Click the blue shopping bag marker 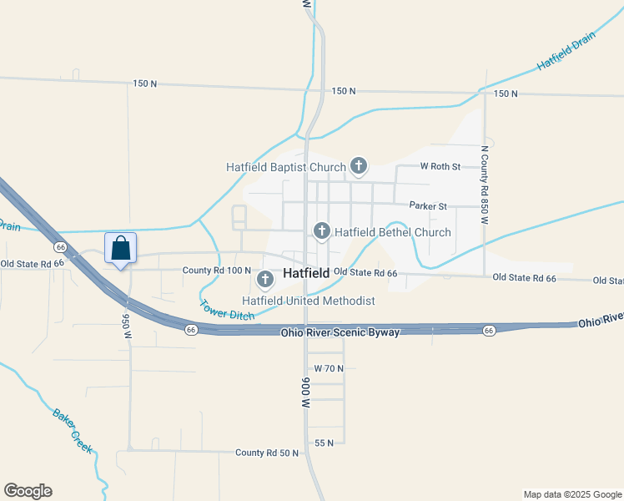pyautogui.click(x=120, y=249)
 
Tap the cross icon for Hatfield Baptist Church pyautogui.click(x=359, y=166)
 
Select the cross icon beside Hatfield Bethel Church pyautogui.click(x=321, y=231)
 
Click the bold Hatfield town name pyautogui.click(x=306, y=273)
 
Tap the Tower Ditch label pyautogui.click(x=227, y=310)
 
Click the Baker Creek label pyautogui.click(x=72, y=430)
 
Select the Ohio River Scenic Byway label pyautogui.click(x=340, y=332)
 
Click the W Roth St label pyautogui.click(x=440, y=167)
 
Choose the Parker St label pyautogui.click(x=428, y=206)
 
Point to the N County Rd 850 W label pyautogui.click(x=483, y=185)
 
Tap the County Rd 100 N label pyautogui.click(x=216, y=271)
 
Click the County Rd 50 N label pyautogui.click(x=267, y=453)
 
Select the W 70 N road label pyautogui.click(x=329, y=368)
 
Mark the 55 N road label pyautogui.click(x=325, y=443)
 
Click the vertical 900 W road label pyautogui.click(x=306, y=392)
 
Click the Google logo pyautogui.click(x=28, y=491)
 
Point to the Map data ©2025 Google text pyautogui.click(x=572, y=494)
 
